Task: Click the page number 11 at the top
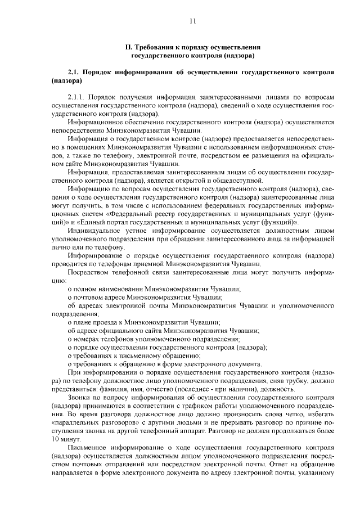[x=192, y=21]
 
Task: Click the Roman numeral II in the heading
[x=128, y=47]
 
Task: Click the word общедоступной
[x=241, y=180]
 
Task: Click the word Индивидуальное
[x=94, y=230]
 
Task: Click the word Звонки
[x=79, y=398]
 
